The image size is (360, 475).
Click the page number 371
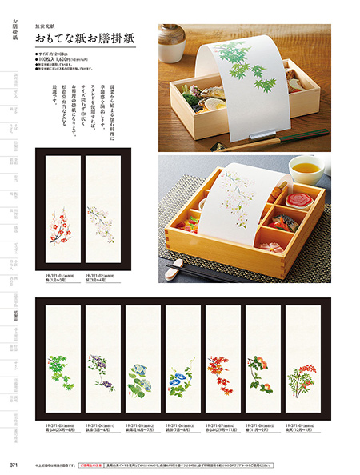click(x=14, y=465)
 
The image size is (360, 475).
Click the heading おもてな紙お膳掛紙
click(x=84, y=38)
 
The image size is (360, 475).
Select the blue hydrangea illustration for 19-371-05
click(x=142, y=373)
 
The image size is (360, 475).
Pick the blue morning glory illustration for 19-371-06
click(x=182, y=373)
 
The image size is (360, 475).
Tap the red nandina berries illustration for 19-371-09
click(x=302, y=373)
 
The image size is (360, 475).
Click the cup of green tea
click(x=306, y=169)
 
